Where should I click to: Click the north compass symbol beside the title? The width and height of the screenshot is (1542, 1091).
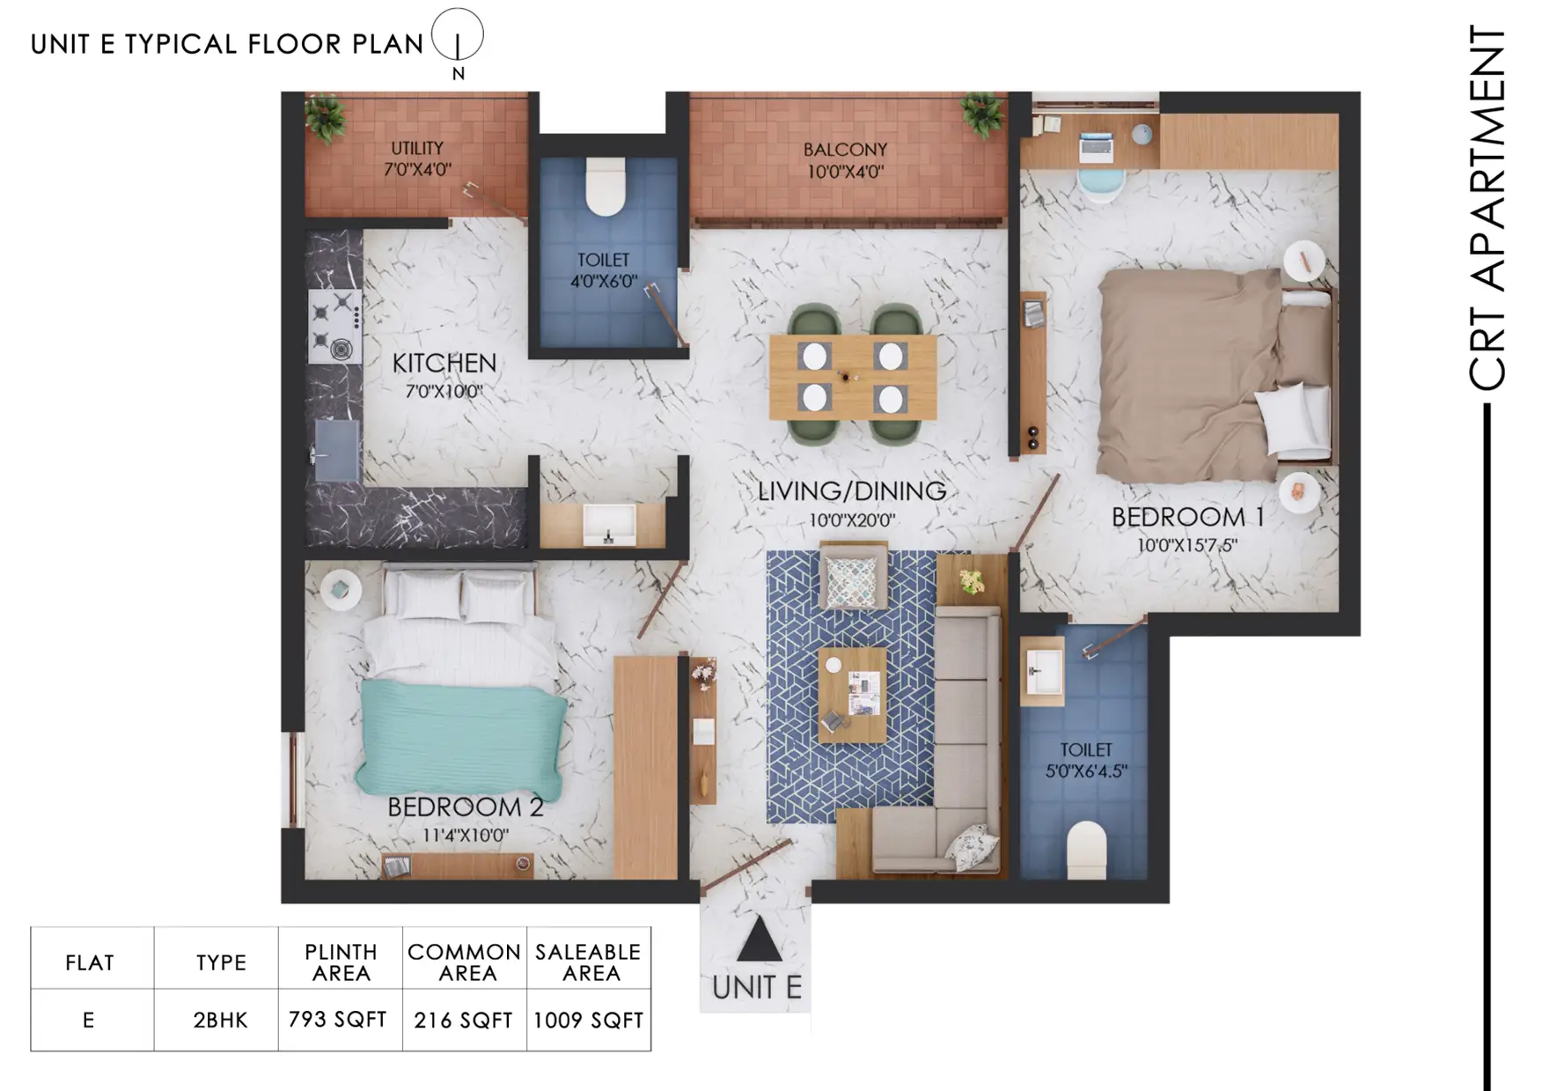coord(458,36)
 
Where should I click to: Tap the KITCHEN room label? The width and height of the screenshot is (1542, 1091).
coord(444,363)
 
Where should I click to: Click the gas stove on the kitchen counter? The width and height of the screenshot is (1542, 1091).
coord(335,326)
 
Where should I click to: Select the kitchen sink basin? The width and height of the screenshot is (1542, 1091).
coord(337,450)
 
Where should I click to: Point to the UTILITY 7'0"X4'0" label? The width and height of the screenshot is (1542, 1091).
coord(417,158)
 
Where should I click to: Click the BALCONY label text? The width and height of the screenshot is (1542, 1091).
coord(845,150)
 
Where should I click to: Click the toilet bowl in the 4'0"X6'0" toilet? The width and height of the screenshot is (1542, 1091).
coord(606,186)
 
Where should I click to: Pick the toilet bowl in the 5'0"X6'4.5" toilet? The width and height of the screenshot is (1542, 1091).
coord(1086,851)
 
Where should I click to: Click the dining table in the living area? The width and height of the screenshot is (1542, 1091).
coord(853,377)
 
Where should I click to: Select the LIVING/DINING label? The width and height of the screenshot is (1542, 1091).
coord(852,490)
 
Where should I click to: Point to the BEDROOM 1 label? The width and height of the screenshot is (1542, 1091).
coord(1187,517)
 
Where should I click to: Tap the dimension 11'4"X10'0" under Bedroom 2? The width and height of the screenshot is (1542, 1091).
coord(465,835)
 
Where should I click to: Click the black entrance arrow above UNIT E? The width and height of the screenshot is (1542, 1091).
coord(759,939)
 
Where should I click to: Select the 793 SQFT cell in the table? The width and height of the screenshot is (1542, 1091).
coord(338,1020)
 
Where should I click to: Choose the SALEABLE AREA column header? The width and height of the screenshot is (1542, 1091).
coord(589,962)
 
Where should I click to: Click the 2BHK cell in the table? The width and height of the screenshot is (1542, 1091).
coord(221,1020)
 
